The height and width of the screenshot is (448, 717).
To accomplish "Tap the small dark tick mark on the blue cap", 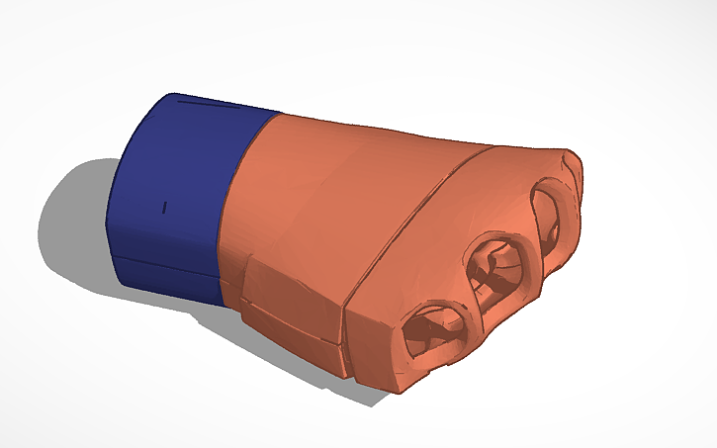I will [x=165, y=207].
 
